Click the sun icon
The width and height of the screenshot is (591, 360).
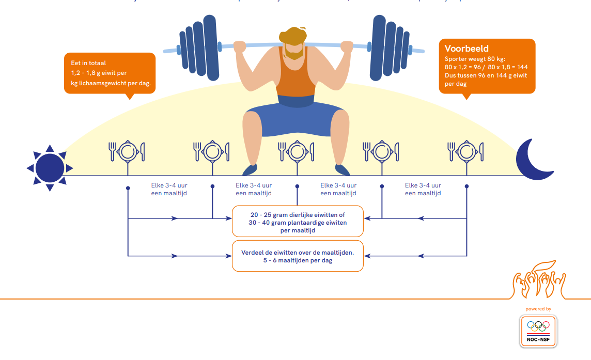(x=50, y=168)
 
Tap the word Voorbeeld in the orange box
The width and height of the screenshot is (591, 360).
(x=466, y=49)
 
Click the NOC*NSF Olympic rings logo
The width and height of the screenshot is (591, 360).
(x=538, y=331)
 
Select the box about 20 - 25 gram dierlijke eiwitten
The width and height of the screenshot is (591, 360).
(x=298, y=222)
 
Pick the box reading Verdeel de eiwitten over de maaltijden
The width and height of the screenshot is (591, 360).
(x=298, y=256)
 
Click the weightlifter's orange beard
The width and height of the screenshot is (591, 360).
(x=293, y=52)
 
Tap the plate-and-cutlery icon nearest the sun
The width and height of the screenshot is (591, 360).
(x=127, y=152)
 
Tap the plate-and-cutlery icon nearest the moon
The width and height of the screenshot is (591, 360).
(x=466, y=152)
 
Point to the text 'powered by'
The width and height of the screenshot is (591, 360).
(x=538, y=309)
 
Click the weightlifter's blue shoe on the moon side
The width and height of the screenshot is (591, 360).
(x=343, y=170)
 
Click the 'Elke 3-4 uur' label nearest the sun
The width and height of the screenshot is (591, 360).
(x=169, y=185)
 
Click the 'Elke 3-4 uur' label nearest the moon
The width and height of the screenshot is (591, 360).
(x=423, y=185)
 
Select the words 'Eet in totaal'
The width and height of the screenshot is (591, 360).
(x=88, y=63)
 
